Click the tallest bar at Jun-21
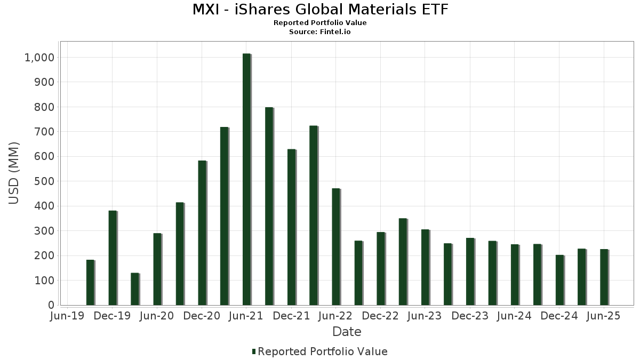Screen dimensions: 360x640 [x=246, y=179]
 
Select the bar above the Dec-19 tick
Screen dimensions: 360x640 [x=113, y=258]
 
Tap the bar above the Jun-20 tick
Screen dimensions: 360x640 [x=157, y=269]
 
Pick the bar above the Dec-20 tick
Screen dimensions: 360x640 [x=202, y=233]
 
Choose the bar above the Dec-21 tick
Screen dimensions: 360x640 [x=291, y=227]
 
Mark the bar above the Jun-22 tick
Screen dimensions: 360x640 [x=336, y=246]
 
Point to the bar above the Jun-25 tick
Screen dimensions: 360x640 [x=604, y=277]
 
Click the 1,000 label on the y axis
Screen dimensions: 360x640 [x=39, y=58]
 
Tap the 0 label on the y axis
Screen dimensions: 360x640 [x=51, y=305]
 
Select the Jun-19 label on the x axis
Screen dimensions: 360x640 [x=68, y=316]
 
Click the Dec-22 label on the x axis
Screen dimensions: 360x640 [x=381, y=316]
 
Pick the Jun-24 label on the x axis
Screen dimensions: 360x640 [x=515, y=316]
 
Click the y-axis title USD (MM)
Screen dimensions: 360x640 [x=14, y=172]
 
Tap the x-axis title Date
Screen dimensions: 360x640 [x=347, y=332]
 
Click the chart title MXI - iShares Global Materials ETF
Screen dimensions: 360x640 [x=320, y=10]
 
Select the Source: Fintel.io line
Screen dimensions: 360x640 [x=320, y=32]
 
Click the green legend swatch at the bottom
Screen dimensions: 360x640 [x=254, y=351]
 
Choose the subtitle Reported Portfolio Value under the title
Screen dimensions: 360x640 [x=320, y=23]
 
